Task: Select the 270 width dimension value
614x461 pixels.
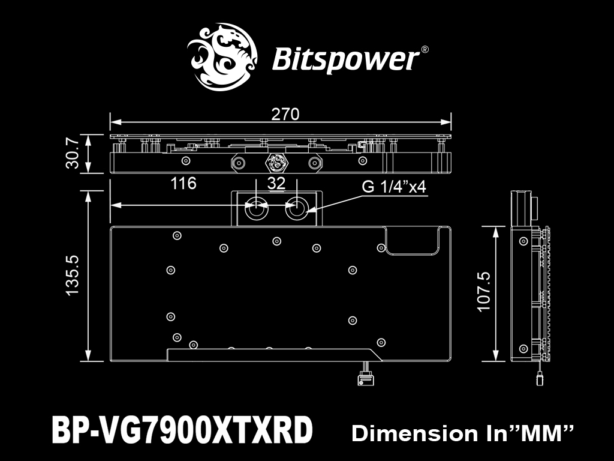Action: [285, 114]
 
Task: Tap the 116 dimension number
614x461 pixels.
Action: [183, 183]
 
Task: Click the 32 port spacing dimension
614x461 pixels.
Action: [276, 184]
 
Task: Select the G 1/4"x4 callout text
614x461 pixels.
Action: [393, 187]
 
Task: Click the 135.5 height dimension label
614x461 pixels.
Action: [73, 275]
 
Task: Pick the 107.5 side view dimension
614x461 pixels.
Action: [484, 292]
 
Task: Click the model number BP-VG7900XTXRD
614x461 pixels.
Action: [182, 430]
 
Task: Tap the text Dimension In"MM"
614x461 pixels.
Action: [462, 433]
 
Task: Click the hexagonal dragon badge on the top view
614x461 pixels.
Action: [276, 162]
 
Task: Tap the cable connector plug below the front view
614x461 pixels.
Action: [366, 379]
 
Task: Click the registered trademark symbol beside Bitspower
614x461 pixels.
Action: [424, 50]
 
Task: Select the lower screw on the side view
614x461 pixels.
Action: [523, 349]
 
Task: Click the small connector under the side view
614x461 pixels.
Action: [540, 379]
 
